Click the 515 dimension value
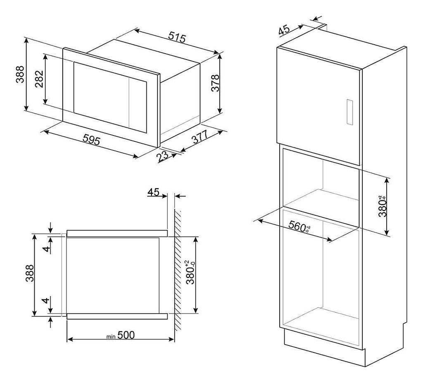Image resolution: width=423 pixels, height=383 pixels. tap(177, 37)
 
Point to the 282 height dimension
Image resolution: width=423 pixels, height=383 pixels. tap(39, 79)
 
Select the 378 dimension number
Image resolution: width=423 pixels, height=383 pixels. tap(215, 83)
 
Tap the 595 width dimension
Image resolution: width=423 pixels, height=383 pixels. tap(91, 140)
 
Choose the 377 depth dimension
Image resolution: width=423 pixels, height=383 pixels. tap(200, 137)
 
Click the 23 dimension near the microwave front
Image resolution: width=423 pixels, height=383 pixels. tap(162, 156)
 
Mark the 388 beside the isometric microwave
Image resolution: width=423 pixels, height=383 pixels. tap(20, 74)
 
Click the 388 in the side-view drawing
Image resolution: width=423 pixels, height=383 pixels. tap(30, 274)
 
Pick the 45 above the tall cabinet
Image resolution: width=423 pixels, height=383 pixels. tap(284, 30)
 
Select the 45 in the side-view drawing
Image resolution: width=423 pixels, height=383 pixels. tap(154, 192)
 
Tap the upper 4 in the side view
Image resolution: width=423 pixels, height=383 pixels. tap(47, 249)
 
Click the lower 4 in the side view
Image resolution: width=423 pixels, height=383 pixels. tap(47, 300)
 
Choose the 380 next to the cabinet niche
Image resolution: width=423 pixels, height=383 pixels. tap(383, 207)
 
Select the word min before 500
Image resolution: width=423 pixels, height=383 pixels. tap(111, 337)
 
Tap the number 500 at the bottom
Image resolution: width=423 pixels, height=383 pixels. tap(126, 335)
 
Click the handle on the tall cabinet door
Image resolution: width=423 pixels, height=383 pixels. tap(349, 112)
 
